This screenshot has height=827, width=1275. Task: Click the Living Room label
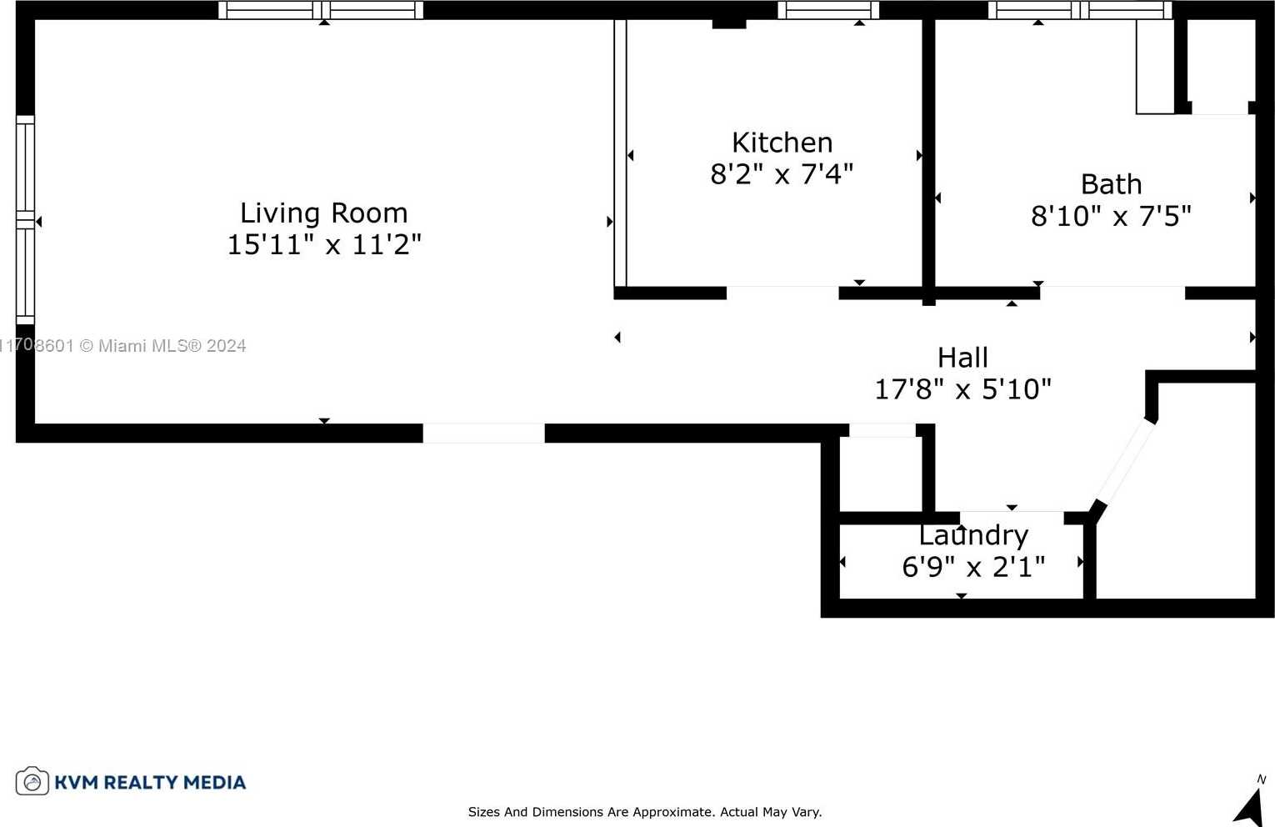point(324,213)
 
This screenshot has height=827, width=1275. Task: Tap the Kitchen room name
point(782,143)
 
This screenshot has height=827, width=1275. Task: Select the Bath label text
point(1111,184)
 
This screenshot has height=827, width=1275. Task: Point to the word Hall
point(962,358)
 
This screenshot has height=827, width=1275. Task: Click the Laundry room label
point(973,535)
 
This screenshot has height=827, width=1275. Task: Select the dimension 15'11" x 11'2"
point(324,245)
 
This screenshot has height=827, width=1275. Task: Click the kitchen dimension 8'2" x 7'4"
point(782,173)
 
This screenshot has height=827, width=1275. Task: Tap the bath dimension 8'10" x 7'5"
point(1111,217)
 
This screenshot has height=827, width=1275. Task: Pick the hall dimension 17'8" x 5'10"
point(962,389)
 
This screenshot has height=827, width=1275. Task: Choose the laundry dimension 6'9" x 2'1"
point(973,567)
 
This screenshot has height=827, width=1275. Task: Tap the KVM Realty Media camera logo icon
point(32,781)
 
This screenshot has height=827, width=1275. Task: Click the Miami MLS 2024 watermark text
point(123,346)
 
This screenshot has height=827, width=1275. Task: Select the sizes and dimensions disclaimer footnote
point(645,812)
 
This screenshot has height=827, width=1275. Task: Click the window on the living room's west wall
point(25,220)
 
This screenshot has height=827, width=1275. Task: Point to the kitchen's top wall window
point(828,10)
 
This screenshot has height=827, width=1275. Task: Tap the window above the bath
point(1080,10)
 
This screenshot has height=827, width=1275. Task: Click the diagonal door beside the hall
point(1125,462)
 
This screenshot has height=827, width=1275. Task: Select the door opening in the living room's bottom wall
point(484,434)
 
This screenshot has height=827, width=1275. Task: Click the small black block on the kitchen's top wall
point(729,23)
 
